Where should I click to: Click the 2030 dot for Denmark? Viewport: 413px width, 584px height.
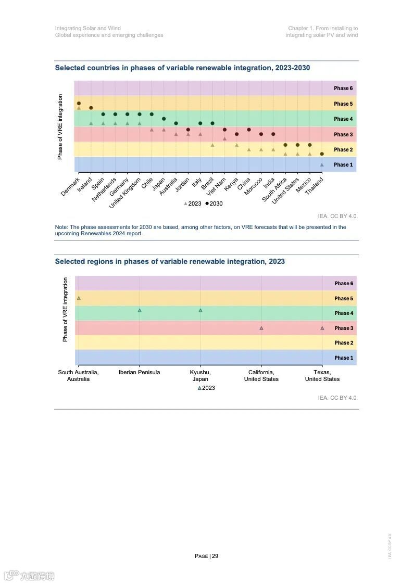pyautogui.click(x=79, y=104)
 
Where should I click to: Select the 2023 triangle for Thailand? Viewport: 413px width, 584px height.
pyautogui.click(x=322, y=164)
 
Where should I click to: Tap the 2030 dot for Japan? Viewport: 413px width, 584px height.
pyautogui.click(x=164, y=119)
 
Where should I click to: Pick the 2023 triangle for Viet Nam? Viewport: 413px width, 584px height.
pyautogui.click(x=224, y=138)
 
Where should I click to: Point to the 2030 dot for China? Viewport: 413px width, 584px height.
pyautogui.click(x=249, y=130)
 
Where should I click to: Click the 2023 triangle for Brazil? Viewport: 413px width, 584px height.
pyautogui.click(x=212, y=145)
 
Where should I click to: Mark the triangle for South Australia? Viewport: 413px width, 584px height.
pyautogui.click(x=79, y=298)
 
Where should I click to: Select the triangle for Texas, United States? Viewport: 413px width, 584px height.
pyautogui.click(x=322, y=328)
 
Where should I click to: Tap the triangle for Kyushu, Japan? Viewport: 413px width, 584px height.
pyautogui.click(x=201, y=310)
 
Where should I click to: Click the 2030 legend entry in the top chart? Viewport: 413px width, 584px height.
pyautogui.click(x=214, y=204)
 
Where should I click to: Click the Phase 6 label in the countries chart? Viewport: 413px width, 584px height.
pyautogui.click(x=343, y=88)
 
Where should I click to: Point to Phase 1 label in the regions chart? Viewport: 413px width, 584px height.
pyautogui.click(x=344, y=358)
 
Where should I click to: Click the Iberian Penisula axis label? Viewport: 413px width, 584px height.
pyautogui.click(x=139, y=372)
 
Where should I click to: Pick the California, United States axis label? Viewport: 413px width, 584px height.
pyautogui.click(x=261, y=375)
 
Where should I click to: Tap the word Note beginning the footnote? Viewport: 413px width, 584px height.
pyautogui.click(x=61, y=227)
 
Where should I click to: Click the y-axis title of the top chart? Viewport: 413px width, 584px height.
pyautogui.click(x=60, y=126)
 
